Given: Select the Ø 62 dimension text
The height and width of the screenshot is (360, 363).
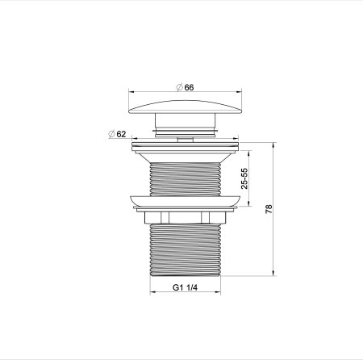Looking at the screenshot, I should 119,134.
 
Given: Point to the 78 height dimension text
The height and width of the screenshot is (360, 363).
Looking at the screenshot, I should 269,208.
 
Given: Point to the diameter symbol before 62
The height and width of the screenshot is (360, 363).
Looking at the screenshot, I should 110,134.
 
